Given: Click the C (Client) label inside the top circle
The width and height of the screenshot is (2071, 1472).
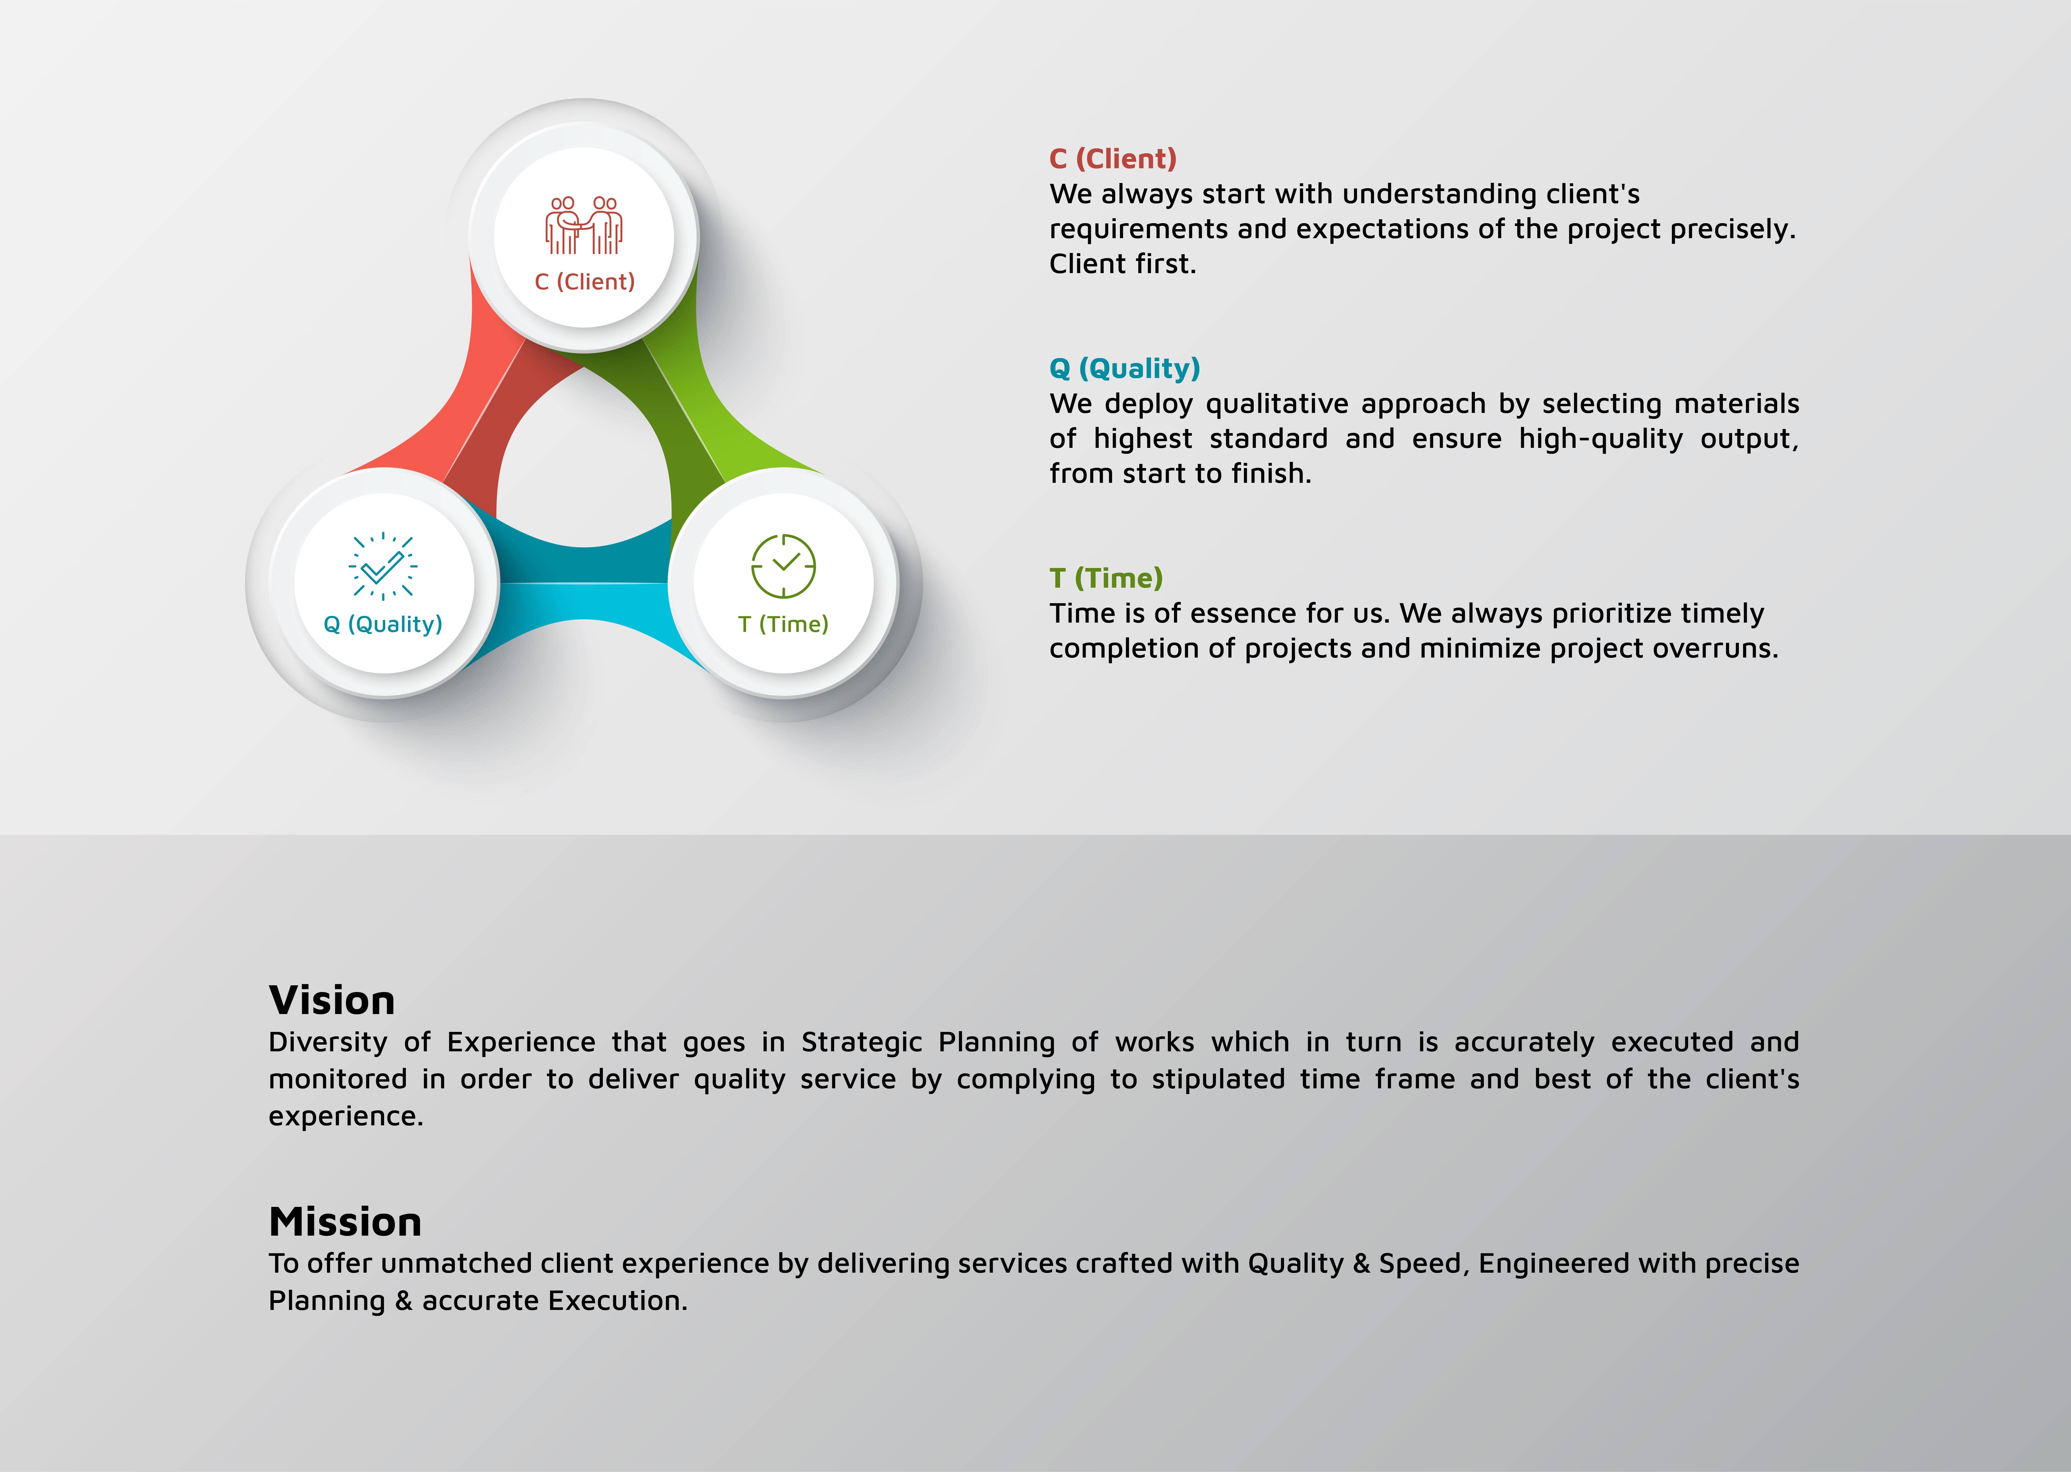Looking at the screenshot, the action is tap(585, 282).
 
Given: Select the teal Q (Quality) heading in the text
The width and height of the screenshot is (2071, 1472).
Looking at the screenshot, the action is tap(1125, 369).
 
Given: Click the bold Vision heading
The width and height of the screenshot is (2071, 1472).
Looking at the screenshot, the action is tap(332, 1001).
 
